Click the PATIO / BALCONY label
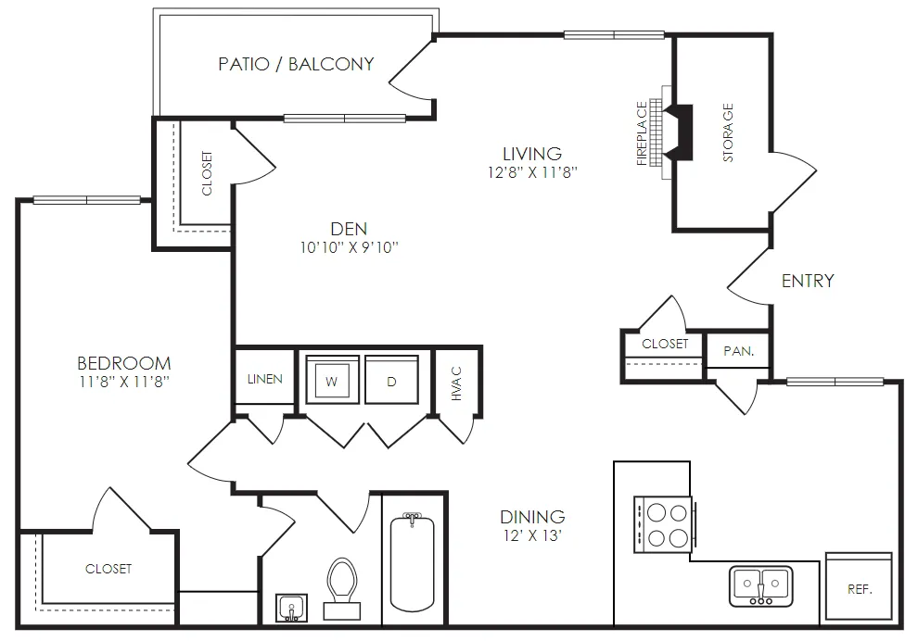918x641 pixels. click(x=296, y=64)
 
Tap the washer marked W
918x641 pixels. click(x=332, y=379)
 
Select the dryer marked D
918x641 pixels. click(x=391, y=379)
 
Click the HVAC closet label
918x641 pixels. click(x=456, y=383)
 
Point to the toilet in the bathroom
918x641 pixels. click(x=342, y=588)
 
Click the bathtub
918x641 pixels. click(x=412, y=562)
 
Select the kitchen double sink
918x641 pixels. click(x=761, y=586)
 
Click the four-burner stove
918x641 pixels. click(x=663, y=524)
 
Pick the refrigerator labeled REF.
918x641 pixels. click(x=859, y=586)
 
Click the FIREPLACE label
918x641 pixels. click(x=642, y=133)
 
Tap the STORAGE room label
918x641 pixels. click(x=728, y=132)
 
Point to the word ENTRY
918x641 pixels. click(x=808, y=281)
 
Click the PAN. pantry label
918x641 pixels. click(x=739, y=351)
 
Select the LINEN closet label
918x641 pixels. click(x=264, y=379)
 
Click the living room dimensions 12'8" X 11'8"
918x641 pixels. click(x=533, y=172)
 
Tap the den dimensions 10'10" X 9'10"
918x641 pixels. click(x=349, y=247)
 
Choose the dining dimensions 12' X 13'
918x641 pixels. click(x=533, y=535)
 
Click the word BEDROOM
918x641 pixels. click(x=124, y=363)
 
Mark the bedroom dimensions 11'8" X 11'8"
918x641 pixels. click(x=124, y=382)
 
